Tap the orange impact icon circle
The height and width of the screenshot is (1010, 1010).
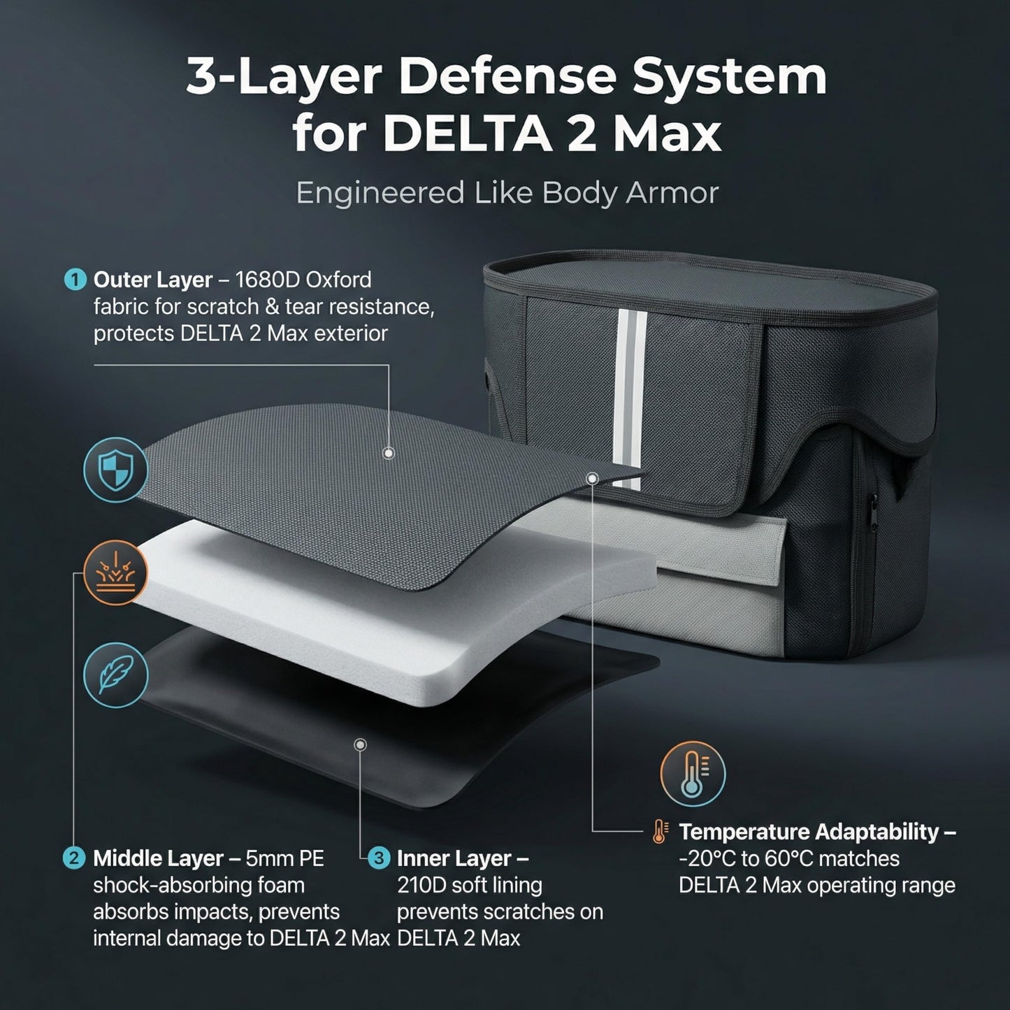[x=115, y=572]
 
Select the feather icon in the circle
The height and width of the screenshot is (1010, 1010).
[x=115, y=675]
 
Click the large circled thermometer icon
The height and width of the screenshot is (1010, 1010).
[x=693, y=774]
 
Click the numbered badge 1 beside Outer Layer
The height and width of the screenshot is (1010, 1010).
[x=75, y=280]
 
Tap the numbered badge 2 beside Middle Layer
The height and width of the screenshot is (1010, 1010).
[x=74, y=858]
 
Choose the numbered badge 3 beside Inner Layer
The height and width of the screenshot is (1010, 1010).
[x=378, y=858]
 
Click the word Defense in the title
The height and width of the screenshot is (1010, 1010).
[x=507, y=77]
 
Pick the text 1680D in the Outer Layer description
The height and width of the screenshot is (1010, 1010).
[x=267, y=280]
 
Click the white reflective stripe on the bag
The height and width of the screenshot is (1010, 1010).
[x=632, y=398]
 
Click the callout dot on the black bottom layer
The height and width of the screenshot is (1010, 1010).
[x=360, y=745]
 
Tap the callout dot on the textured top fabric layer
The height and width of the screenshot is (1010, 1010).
[x=389, y=453]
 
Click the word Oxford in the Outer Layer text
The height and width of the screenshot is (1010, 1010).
[x=338, y=280]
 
